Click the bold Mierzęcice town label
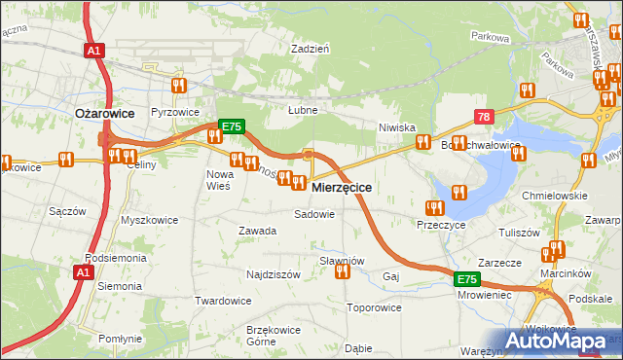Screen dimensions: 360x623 (x=340, y=187)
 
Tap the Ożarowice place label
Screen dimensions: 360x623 (x=104, y=113)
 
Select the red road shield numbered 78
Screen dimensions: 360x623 (x=484, y=117)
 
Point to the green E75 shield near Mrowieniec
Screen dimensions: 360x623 (x=467, y=279)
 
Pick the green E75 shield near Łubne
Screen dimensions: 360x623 (x=231, y=127)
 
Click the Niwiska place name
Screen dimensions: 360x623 (x=397, y=127)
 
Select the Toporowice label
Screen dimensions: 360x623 (x=374, y=307)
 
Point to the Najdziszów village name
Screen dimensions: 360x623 (x=273, y=274)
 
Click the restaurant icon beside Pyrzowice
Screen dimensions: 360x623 (x=178, y=87)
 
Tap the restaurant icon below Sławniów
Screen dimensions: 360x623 (x=342, y=272)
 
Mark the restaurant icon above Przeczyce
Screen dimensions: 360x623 (x=434, y=207)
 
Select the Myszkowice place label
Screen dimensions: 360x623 (x=149, y=220)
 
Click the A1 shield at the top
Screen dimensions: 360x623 (x=94, y=51)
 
